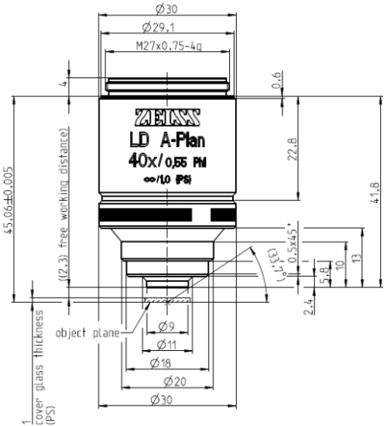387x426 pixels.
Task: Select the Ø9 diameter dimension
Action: [x=165, y=326]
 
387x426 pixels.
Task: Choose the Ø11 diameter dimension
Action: [x=165, y=345]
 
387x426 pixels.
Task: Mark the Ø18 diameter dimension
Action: [x=165, y=363]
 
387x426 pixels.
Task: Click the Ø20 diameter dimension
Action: [x=165, y=382]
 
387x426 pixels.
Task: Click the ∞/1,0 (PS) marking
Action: [x=165, y=180]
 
